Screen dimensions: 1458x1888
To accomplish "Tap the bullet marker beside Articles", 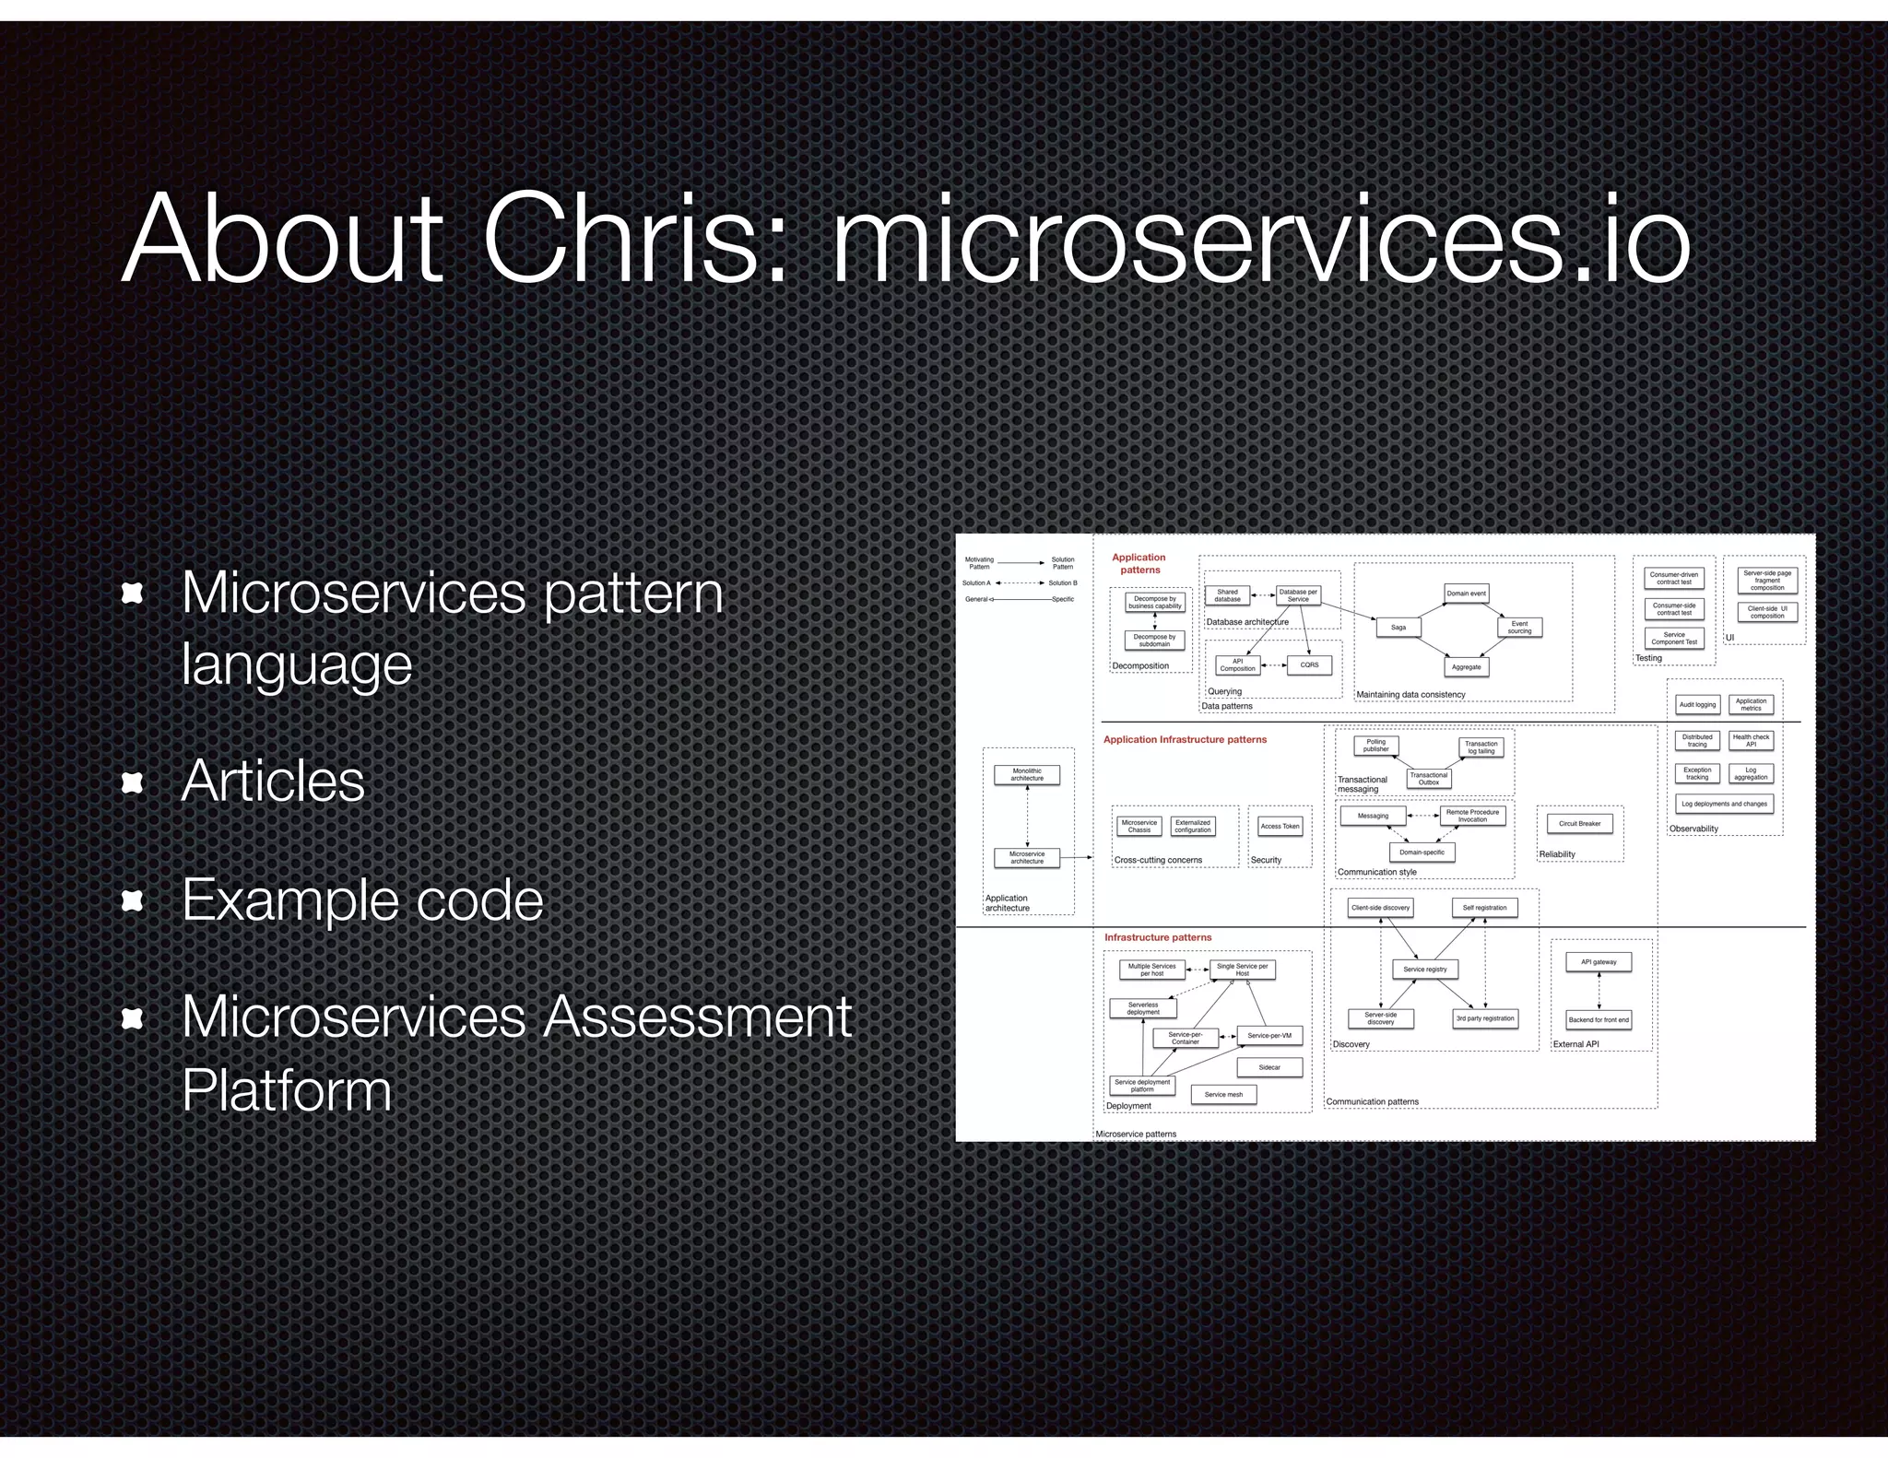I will pyautogui.click(x=133, y=782).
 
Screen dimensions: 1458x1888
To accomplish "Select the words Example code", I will pyautogui.click(x=362, y=899).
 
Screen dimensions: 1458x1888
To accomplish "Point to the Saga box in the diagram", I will pyautogui.click(x=1398, y=628).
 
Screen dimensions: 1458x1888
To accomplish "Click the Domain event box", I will pyautogui.click(x=1466, y=594).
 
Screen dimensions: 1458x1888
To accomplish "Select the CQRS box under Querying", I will pyautogui.click(x=1309, y=664).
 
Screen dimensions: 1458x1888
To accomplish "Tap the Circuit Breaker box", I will pyautogui.click(x=1579, y=823).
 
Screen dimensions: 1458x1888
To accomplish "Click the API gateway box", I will pyautogui.click(x=1599, y=962).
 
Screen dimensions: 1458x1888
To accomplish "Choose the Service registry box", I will pyautogui.click(x=1424, y=970).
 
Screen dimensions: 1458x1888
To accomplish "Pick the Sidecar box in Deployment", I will pyautogui.click(x=1269, y=1067).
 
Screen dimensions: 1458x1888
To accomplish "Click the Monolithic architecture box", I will pyautogui.click(x=1026, y=775).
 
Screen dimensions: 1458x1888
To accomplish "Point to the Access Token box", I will pyautogui.click(x=1280, y=826).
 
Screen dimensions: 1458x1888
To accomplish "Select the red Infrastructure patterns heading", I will pyautogui.click(x=1158, y=937).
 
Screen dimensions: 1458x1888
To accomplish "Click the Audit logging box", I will pyautogui.click(x=1697, y=705).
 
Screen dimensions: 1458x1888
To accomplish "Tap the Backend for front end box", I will pyautogui.click(x=1599, y=1020).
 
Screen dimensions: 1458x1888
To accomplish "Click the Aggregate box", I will pyautogui.click(x=1466, y=667).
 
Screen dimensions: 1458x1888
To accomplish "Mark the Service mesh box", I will pyautogui.click(x=1223, y=1095).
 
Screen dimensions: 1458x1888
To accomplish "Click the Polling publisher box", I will pyautogui.click(x=1375, y=746).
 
